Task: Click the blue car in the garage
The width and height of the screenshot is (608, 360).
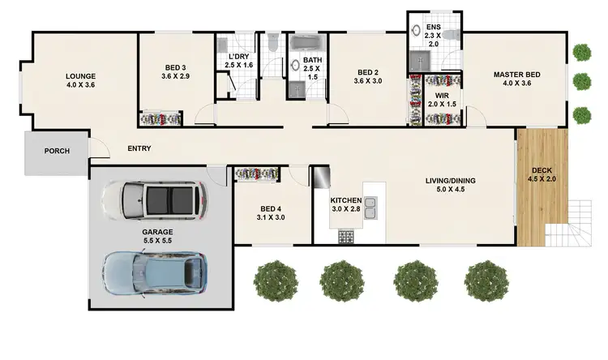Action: (154, 269)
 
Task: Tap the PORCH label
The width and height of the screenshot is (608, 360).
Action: (57, 151)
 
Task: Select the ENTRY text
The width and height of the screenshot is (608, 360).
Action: (139, 148)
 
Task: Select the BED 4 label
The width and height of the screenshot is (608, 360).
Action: (272, 212)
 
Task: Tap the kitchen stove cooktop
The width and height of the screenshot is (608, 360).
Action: (345, 237)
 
